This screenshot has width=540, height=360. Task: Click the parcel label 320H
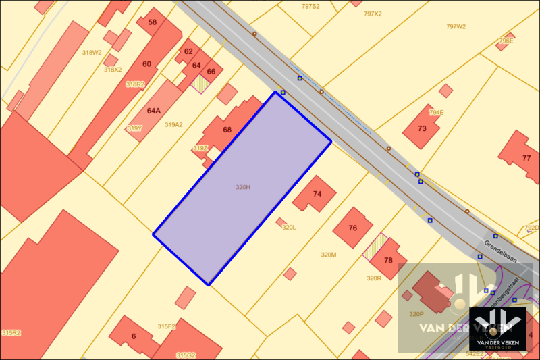pos(243,187)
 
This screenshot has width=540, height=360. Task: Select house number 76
pos(352,228)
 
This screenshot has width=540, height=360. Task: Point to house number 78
pos(388,260)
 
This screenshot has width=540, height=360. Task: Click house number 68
pos(227,130)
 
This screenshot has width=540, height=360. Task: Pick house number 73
pos(423,128)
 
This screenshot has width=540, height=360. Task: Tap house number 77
pos(526,158)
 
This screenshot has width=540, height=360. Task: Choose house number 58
pos(153,22)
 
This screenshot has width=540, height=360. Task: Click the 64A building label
pos(154,110)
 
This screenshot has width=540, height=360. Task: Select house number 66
pos(211,71)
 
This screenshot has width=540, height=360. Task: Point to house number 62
pos(188,51)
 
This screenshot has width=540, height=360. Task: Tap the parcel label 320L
pos(289,228)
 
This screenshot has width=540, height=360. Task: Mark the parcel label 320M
pos(328,255)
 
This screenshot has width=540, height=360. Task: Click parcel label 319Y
pos(134,128)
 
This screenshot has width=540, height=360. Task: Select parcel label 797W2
pos(456,26)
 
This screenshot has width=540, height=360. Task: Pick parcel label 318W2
pos(92,52)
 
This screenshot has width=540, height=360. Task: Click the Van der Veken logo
pos(497,328)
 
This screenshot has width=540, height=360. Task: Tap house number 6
pos(134,336)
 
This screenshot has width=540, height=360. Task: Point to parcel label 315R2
pos(11,333)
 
